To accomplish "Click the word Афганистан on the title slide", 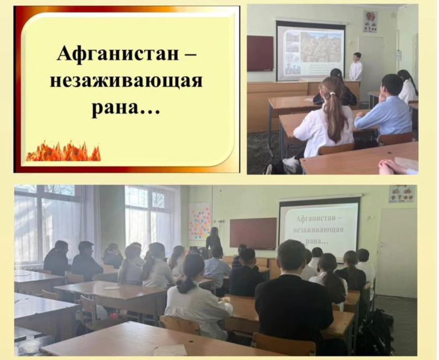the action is tap(118, 53).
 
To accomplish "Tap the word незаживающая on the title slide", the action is tap(126, 81).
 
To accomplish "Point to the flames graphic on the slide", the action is tap(63, 151).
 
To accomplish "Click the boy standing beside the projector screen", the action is tap(356, 67).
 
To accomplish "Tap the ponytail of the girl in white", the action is tap(333, 117).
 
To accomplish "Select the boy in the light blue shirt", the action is tap(385, 109).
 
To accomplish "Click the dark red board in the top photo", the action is tap(260, 53).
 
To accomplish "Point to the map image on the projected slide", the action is tap(321, 46).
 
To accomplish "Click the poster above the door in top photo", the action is tap(370, 22).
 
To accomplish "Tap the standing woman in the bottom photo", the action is tap(214, 241).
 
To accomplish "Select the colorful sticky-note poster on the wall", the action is tap(200, 220).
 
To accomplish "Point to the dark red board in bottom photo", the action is tap(253, 234).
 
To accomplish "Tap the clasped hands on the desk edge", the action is tap(394, 167).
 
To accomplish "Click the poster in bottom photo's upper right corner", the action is tap(402, 194).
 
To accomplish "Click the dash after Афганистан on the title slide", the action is tap(190, 54).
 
